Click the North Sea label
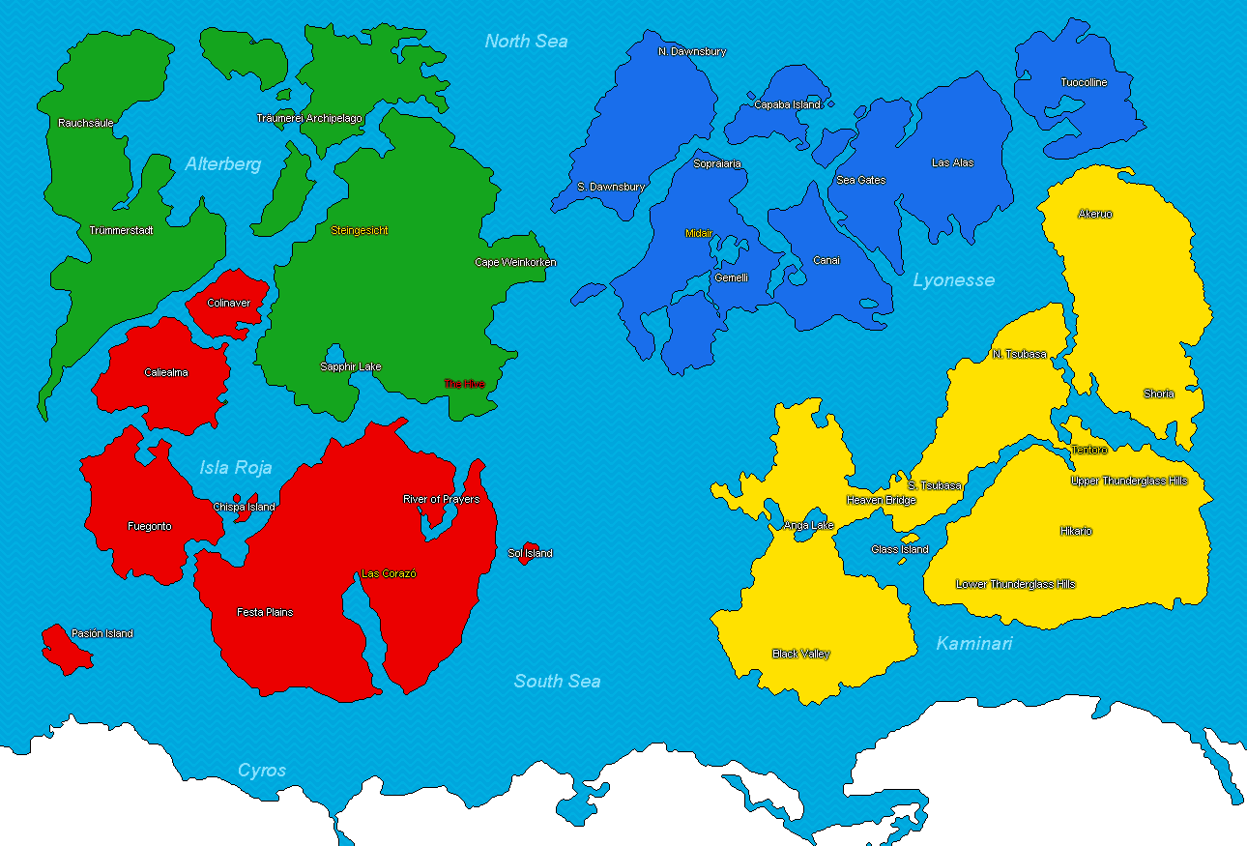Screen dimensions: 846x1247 click(x=526, y=41)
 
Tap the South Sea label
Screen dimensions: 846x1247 click(x=557, y=681)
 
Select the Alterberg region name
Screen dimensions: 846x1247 click(x=223, y=164)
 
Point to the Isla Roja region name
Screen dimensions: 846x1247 click(x=236, y=468)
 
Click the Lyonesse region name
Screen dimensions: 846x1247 click(x=953, y=280)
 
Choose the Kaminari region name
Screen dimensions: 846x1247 click(x=973, y=643)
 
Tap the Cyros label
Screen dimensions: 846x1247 click(x=262, y=771)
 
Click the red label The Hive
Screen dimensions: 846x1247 click(x=464, y=384)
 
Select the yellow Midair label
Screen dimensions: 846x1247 click(x=698, y=233)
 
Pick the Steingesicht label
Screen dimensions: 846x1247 click(x=360, y=230)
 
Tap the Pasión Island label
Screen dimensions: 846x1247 click(x=102, y=633)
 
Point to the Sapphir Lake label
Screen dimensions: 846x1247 click(x=351, y=366)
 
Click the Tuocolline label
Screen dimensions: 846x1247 click(x=1084, y=82)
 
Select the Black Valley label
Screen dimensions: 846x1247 click(x=800, y=654)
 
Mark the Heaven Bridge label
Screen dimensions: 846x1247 click(x=881, y=500)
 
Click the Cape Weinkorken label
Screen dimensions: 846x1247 click(x=515, y=262)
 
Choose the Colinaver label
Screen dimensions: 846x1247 click(x=228, y=303)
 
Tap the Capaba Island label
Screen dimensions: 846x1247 click(x=787, y=104)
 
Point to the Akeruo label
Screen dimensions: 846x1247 click(x=1095, y=214)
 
